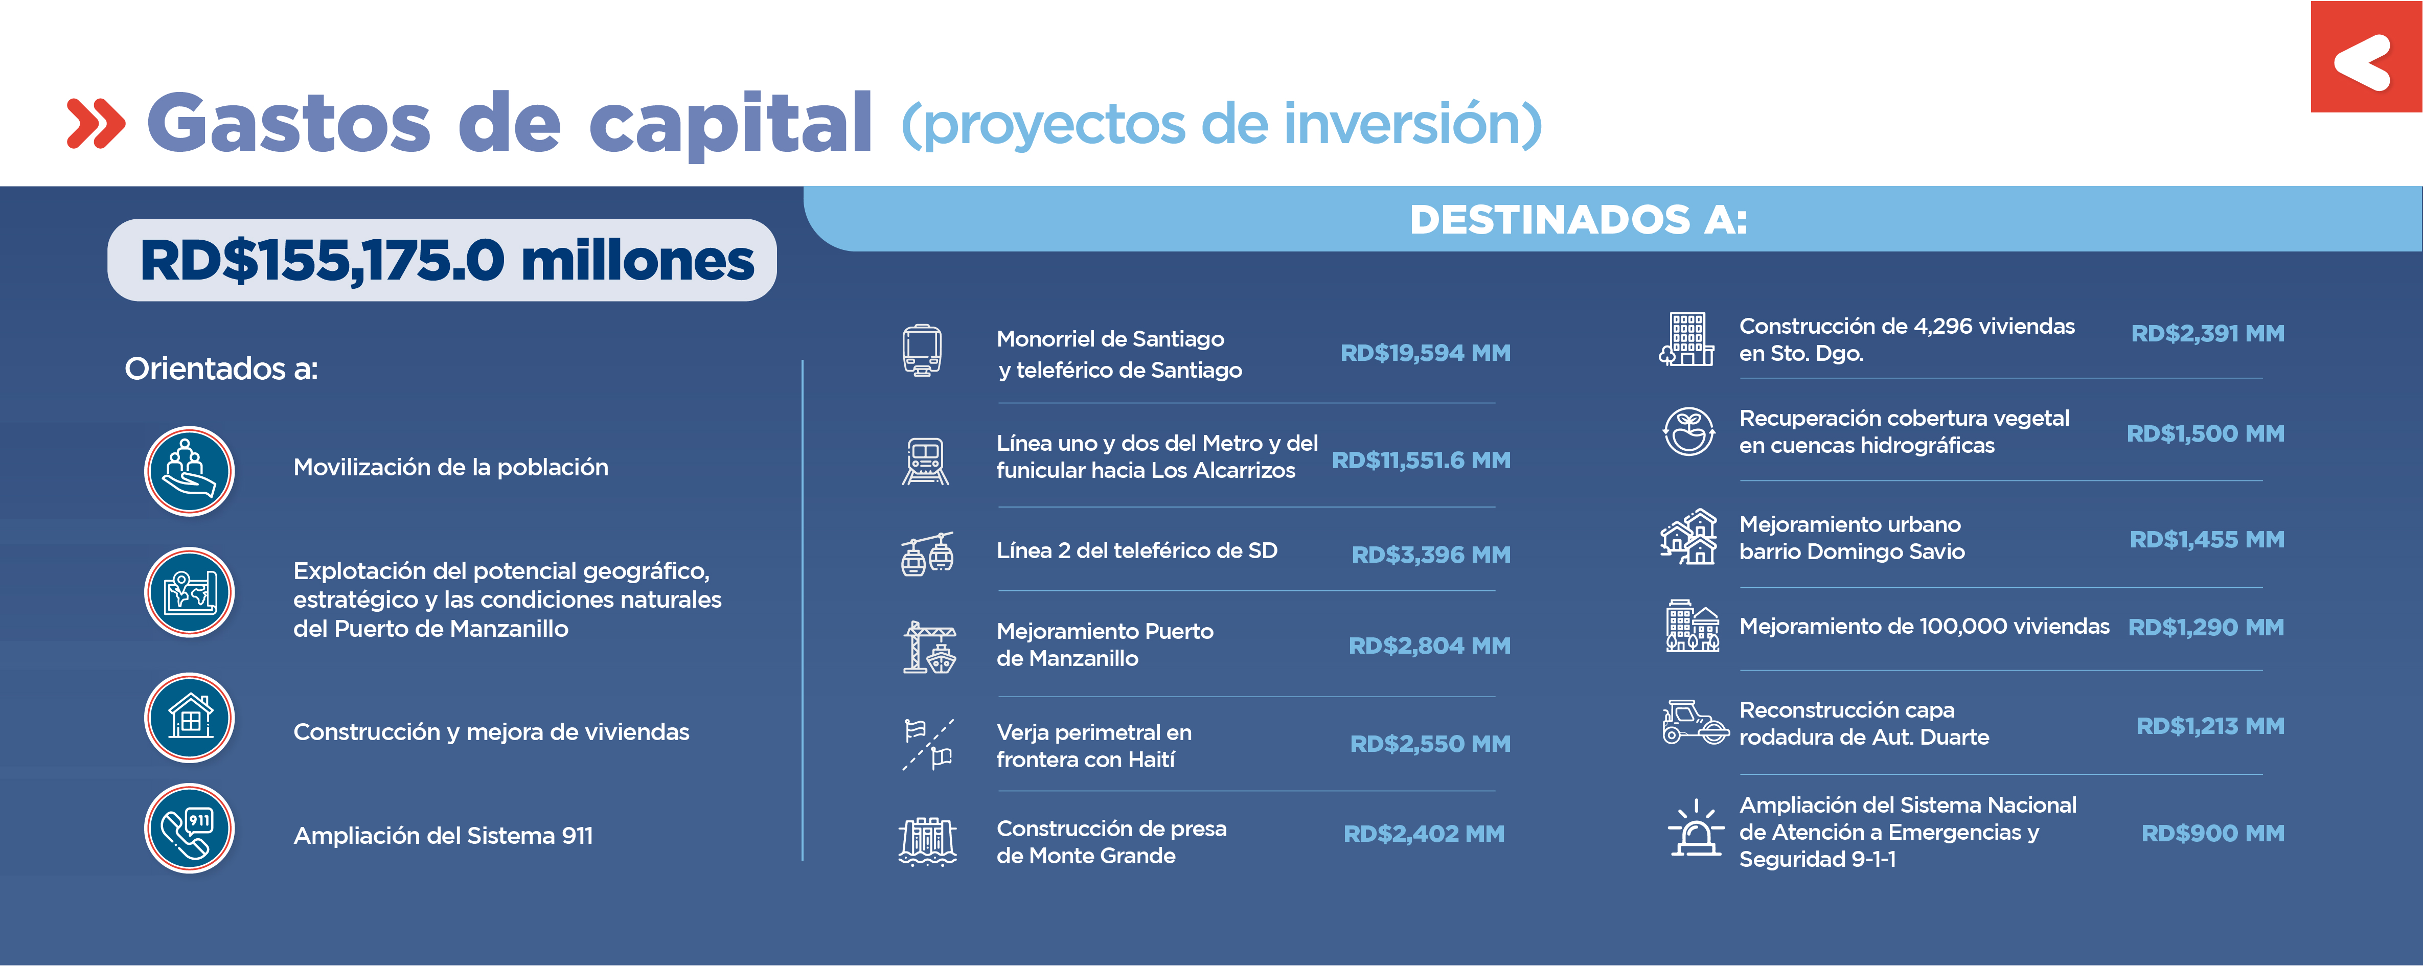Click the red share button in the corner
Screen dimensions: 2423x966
tap(2366, 56)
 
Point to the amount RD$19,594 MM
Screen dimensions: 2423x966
tap(1425, 353)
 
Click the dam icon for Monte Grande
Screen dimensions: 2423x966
tap(927, 840)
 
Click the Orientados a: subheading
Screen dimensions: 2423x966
tap(221, 369)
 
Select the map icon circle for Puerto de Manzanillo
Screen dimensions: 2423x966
tap(189, 592)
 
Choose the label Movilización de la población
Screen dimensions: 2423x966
tap(450, 468)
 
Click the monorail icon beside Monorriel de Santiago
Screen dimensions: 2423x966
tap(922, 351)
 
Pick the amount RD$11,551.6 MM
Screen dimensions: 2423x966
tap(1421, 460)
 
